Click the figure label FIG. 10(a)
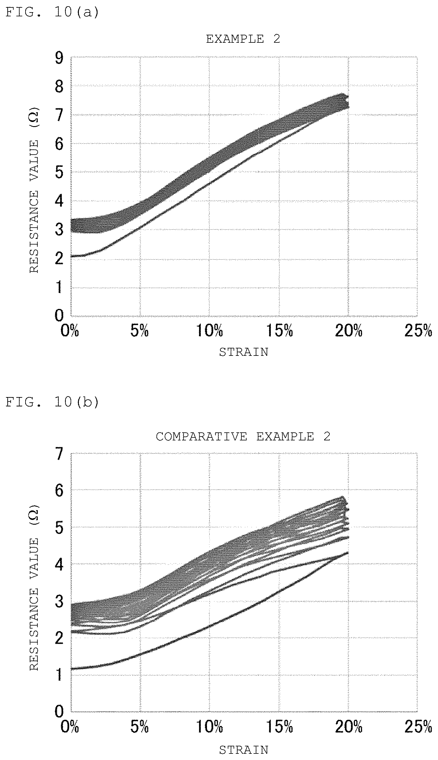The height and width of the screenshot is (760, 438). pyautogui.click(x=52, y=12)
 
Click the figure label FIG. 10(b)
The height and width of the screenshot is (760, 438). pyautogui.click(x=52, y=402)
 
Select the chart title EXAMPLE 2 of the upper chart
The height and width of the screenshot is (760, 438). pyautogui.click(x=243, y=39)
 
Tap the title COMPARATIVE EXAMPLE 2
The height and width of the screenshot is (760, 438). pyautogui.click(x=243, y=437)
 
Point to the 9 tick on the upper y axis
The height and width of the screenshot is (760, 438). pyautogui.click(x=59, y=58)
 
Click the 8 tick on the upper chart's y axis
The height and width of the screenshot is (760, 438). pyautogui.click(x=59, y=87)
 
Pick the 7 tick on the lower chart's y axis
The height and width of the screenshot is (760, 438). pyautogui.click(x=59, y=453)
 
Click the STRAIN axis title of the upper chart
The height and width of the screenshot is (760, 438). pyautogui.click(x=243, y=352)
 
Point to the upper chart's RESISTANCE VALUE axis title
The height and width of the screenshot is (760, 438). pyautogui.click(x=34, y=190)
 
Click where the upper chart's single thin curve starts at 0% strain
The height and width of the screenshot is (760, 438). pyautogui.click(x=71, y=257)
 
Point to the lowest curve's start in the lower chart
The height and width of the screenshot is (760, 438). pyautogui.click(x=71, y=669)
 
